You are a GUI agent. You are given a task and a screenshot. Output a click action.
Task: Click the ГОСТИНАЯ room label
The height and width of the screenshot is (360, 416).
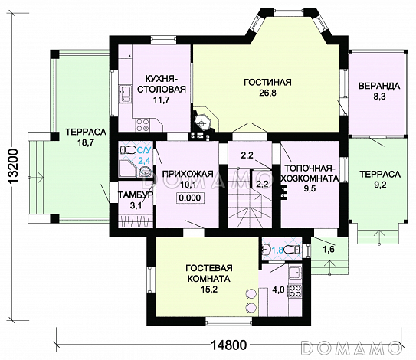pos(267,82)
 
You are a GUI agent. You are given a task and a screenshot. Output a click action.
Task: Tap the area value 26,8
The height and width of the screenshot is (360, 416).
pos(267,93)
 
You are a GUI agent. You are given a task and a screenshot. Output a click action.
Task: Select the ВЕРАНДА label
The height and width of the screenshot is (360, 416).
pos(379,86)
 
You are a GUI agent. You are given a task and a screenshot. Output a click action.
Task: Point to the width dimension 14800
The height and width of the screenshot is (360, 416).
pos(229,345)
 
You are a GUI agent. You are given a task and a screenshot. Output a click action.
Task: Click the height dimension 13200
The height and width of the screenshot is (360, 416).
pos(12,167)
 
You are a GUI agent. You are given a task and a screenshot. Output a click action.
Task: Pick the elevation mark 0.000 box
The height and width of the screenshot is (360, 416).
pos(189,198)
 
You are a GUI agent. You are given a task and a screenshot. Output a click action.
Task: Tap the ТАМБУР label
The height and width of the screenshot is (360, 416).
pos(136,195)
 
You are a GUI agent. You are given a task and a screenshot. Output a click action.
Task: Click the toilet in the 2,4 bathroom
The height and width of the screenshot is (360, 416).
pos(127,150)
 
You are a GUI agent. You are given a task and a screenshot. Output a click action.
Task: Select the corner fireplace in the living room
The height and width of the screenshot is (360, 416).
pos(201,123)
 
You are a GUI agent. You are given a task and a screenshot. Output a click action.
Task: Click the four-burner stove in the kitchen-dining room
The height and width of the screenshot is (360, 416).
pos(142,125)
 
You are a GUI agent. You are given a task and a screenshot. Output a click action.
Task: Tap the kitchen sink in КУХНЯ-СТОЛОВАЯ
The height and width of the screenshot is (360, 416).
pos(125,94)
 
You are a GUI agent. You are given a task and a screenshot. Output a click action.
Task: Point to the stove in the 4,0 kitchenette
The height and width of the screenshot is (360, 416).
pos(295,291)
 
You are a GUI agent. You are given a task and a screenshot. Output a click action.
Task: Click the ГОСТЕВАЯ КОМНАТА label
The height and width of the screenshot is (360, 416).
pos(209,273)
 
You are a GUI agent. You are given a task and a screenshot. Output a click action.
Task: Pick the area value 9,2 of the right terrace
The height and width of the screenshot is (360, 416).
pos(380,185)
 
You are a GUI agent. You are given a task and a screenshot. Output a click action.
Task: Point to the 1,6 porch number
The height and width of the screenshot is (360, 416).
pos(329,249)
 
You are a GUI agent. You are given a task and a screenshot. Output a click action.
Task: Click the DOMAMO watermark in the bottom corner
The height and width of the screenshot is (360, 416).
pos(351,346)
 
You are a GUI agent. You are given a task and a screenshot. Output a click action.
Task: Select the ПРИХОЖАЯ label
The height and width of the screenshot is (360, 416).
pos(187,174)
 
